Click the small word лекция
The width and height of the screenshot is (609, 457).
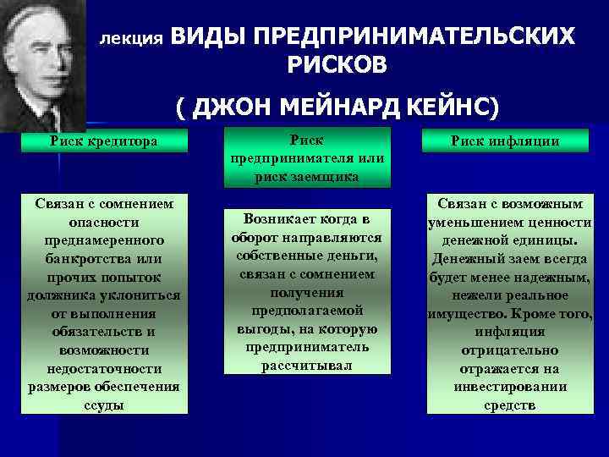pos(130,40)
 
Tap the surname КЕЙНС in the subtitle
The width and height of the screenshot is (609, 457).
pos(450,108)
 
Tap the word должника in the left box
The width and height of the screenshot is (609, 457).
pos(63,295)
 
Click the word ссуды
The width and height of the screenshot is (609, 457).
pos(105,405)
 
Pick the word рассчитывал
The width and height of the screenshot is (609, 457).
pos(306,366)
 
